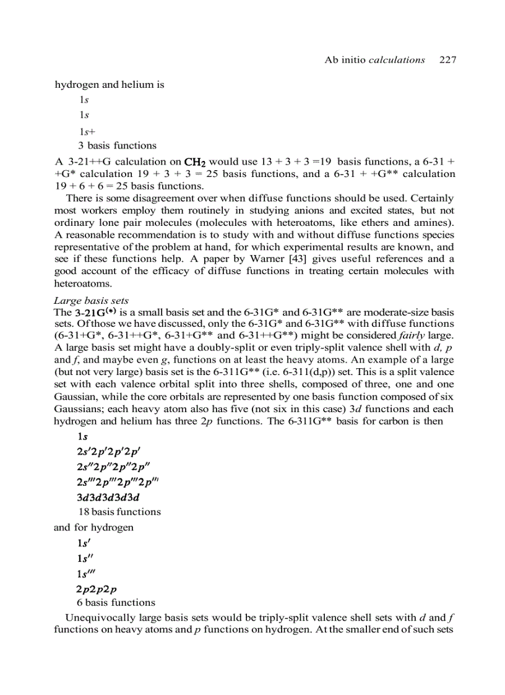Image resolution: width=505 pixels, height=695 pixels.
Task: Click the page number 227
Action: (x=447, y=60)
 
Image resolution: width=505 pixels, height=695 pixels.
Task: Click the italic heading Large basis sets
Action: (x=92, y=301)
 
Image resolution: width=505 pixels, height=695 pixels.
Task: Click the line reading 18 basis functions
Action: (x=119, y=512)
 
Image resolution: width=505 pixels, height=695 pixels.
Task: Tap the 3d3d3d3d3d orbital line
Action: (x=108, y=497)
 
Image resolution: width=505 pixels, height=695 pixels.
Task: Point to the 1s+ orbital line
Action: (x=87, y=131)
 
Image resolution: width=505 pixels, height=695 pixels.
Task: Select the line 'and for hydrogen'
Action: (x=93, y=527)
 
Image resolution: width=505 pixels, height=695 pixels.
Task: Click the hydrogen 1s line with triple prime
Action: (x=87, y=572)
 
